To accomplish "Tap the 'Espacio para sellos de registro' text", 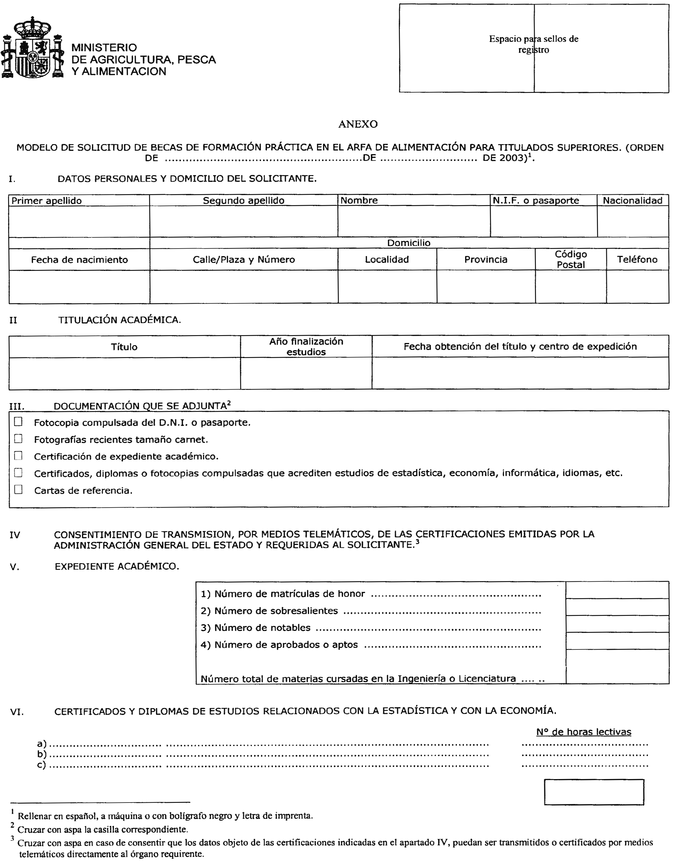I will tap(534, 44).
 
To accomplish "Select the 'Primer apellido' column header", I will tap(47, 201).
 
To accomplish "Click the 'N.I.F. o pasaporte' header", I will tap(536, 201).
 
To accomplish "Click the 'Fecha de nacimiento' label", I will tap(79, 260).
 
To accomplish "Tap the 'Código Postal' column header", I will tap(571, 260).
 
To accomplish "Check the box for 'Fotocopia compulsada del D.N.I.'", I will tap(18, 422).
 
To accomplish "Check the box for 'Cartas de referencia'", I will tap(18, 490).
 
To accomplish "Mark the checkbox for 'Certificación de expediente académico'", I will tap(18, 456).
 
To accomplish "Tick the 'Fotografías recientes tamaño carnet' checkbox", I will tap(18, 439).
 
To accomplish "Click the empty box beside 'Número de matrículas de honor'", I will tap(617, 591).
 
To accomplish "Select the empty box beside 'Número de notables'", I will tap(617, 625).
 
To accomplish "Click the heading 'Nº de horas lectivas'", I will tap(584, 732).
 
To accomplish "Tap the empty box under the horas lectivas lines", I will tap(594, 792).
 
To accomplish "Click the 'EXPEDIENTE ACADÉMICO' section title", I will tap(117, 566).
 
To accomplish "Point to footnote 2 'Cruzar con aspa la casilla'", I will tap(103, 829).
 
